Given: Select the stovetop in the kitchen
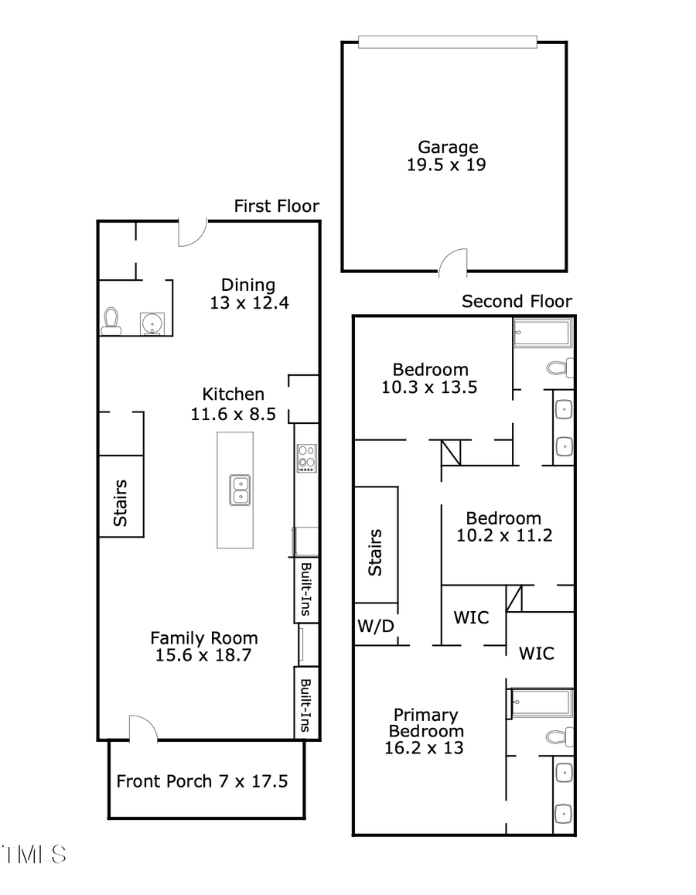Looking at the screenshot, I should pyautogui.click(x=307, y=458).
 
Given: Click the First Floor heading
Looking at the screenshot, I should pyautogui.click(x=276, y=206).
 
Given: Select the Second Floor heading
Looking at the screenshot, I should pyautogui.click(x=517, y=302).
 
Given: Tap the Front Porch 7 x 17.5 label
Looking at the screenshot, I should pyautogui.click(x=202, y=781).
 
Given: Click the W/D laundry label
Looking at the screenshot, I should pyautogui.click(x=376, y=626).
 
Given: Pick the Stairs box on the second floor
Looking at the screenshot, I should pyautogui.click(x=376, y=552).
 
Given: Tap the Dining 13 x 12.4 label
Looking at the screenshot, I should pyautogui.click(x=248, y=294).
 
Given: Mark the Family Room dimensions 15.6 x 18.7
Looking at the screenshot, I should pyautogui.click(x=203, y=655).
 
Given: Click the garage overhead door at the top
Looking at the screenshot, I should pyautogui.click(x=447, y=43).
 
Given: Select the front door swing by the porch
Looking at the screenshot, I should pyautogui.click(x=142, y=729).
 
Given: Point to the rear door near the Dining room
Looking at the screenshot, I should pyautogui.click(x=192, y=233).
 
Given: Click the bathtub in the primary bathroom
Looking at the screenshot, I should pyautogui.click(x=542, y=703).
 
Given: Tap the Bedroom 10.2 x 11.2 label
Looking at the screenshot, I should pyautogui.click(x=503, y=527).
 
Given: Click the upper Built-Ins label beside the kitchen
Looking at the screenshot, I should pyautogui.click(x=306, y=589).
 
